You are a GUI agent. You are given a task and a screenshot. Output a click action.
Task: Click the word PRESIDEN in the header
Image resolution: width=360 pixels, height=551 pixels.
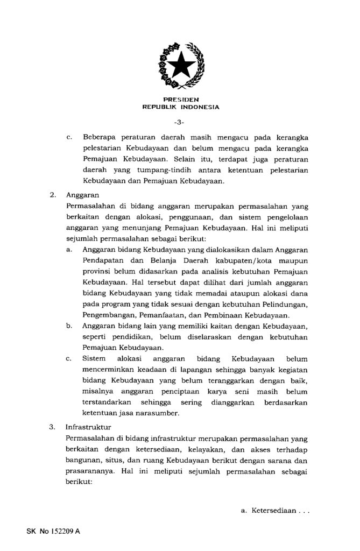coord(180,100)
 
